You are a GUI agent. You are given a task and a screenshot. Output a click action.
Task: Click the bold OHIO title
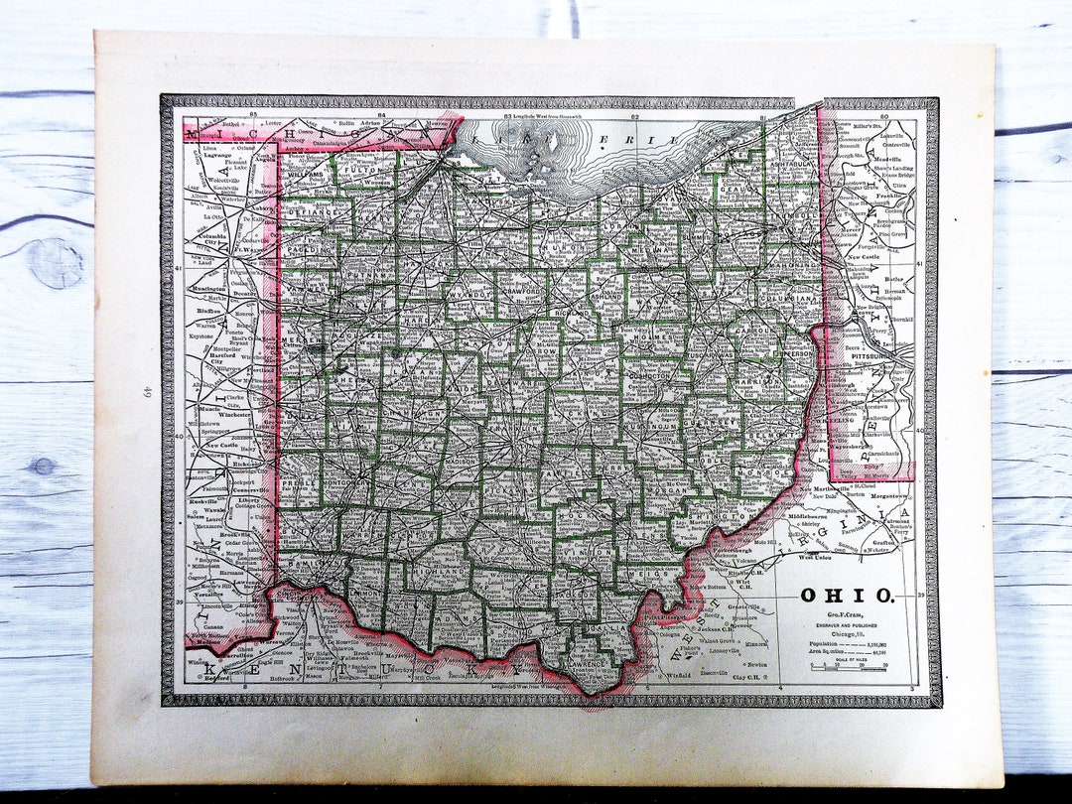click(847, 596)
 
